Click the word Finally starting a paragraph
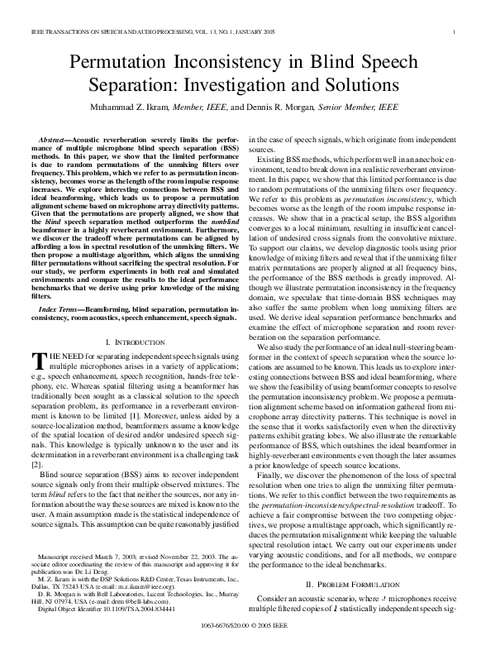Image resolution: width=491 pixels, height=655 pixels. tap(274, 475)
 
